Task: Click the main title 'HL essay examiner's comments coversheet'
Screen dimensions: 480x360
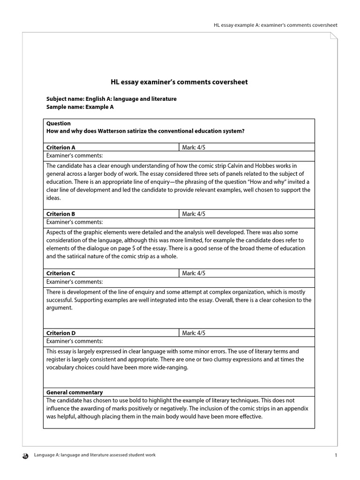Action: pos(179,82)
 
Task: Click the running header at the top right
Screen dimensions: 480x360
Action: pos(275,25)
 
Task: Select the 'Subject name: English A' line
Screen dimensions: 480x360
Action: pos(112,99)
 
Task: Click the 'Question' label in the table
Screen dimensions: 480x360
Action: pos(59,123)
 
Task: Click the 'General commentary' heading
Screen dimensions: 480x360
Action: pos(75,392)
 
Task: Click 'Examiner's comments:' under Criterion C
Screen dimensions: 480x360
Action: pos(75,282)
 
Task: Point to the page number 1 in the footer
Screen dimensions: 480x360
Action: pos(336,455)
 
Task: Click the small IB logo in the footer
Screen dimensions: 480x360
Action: pos(25,455)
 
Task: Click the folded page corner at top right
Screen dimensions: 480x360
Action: pos(333,37)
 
